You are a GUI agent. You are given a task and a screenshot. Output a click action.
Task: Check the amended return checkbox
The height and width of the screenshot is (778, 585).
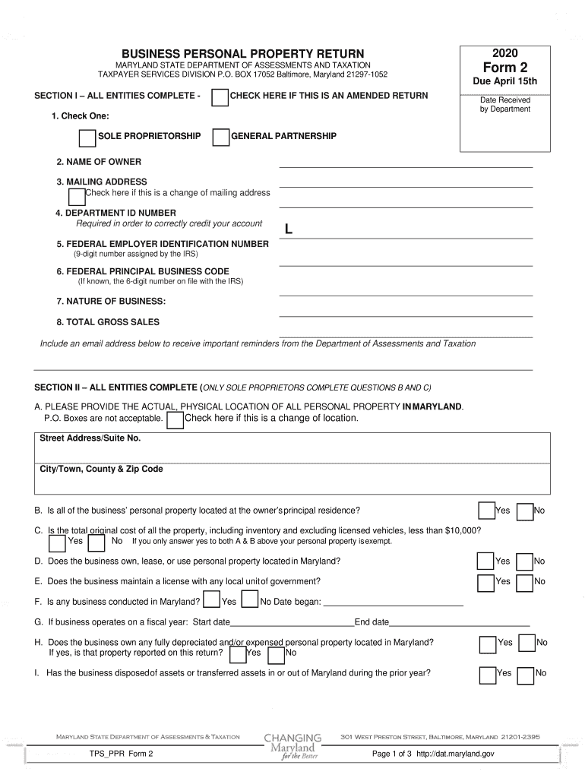[220, 98]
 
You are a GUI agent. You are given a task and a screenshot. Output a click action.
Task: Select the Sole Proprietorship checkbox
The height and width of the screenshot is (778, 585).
[87, 138]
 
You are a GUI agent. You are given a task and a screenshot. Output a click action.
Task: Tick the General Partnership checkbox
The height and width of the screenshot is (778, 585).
[220, 138]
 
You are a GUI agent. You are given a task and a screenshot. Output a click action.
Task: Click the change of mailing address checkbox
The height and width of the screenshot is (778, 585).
[77, 197]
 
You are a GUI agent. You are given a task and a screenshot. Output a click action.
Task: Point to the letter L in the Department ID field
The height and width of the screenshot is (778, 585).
[288, 229]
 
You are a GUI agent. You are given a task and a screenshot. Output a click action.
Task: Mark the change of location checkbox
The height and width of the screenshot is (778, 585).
[175, 421]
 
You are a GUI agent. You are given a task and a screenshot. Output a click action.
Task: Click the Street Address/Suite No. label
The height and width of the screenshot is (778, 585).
[90, 438]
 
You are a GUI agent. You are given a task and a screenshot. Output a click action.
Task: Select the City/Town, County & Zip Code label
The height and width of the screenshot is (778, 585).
[101, 470]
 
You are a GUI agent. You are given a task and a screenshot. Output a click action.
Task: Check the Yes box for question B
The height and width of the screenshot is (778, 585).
[485, 511]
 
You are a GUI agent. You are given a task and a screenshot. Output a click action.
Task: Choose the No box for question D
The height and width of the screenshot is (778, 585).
[524, 561]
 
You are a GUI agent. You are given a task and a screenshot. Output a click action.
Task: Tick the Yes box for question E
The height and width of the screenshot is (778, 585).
[485, 582]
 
